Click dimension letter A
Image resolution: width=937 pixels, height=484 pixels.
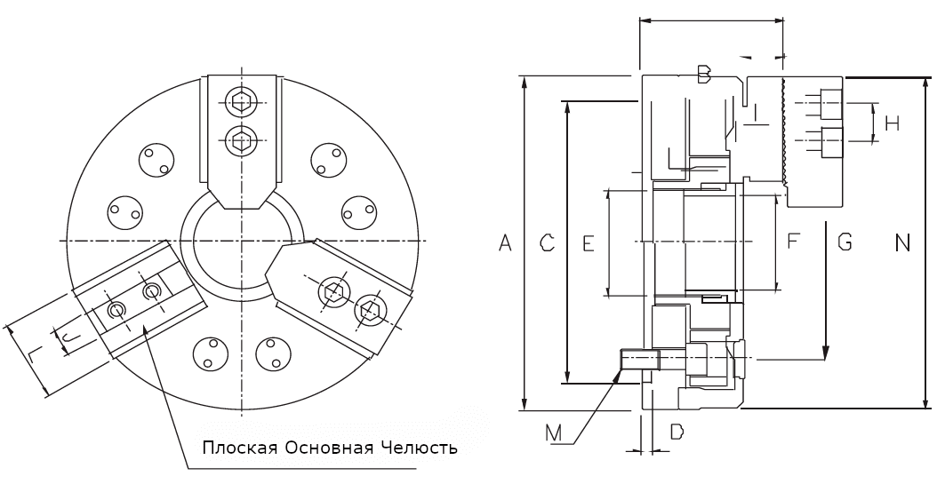506,243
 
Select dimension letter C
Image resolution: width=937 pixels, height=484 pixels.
547,242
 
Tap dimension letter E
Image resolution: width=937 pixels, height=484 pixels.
589,243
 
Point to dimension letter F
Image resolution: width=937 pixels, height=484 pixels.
793,241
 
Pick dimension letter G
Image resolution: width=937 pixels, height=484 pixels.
845,242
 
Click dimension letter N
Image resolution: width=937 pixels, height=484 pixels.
902,243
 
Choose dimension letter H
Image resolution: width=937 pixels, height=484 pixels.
893,123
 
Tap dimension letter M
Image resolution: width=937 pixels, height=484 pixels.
554,432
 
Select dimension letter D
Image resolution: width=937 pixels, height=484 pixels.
676,431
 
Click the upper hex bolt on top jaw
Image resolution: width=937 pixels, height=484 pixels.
242,102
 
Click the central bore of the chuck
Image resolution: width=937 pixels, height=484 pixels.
242,241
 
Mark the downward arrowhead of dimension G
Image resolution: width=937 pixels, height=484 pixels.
825,353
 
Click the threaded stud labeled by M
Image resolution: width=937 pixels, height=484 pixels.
640,360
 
